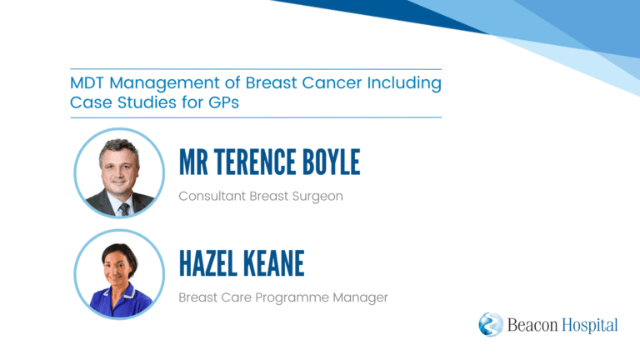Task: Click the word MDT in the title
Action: point(87,82)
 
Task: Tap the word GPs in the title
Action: point(223,102)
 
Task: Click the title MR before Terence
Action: point(193,162)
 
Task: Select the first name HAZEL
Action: point(207,263)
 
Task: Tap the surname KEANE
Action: point(274,263)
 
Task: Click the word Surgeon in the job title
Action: point(317,197)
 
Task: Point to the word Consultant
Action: point(212,196)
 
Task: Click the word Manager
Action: point(360,298)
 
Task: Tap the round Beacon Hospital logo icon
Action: point(491,324)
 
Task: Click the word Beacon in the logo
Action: point(532,325)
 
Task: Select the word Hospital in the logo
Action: point(590,326)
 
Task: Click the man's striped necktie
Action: point(124,210)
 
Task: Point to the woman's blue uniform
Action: point(120,301)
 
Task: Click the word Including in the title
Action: point(404,83)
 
